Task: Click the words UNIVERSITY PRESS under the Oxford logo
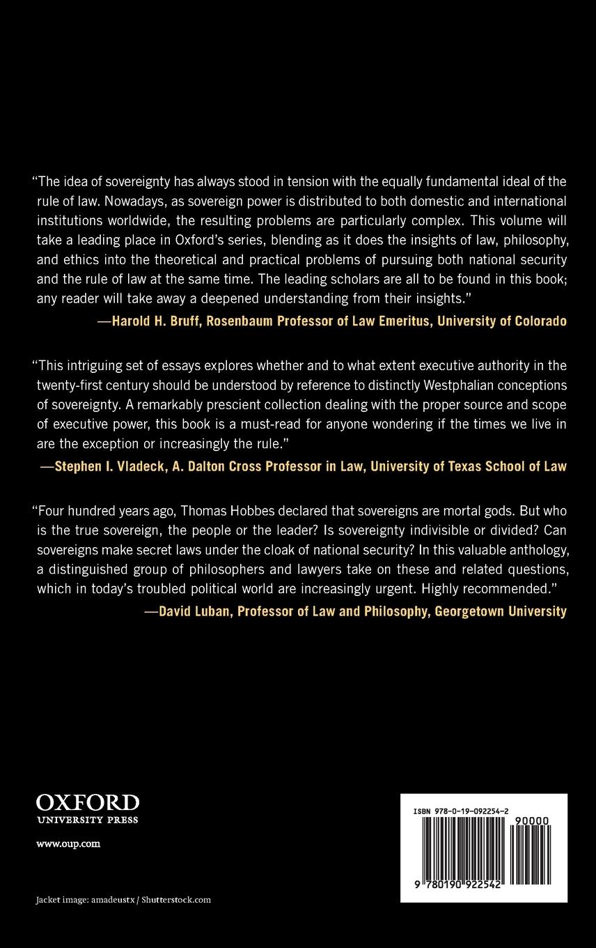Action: point(87,820)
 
